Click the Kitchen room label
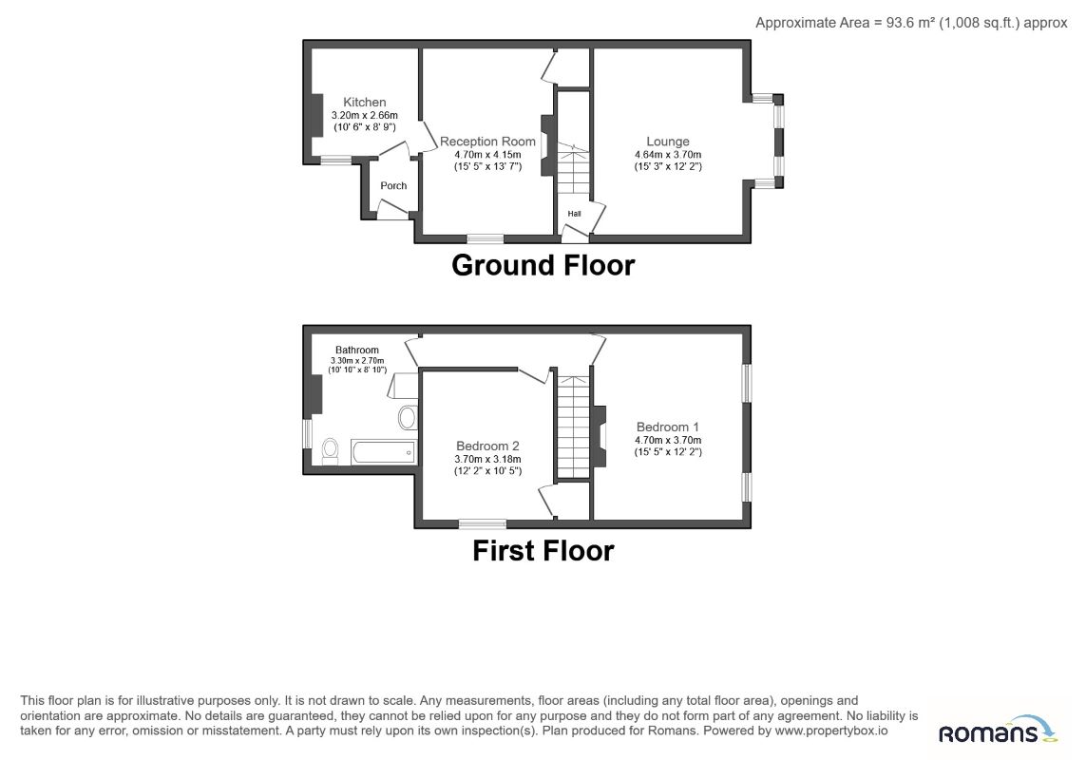pyautogui.click(x=364, y=102)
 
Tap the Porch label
pyautogui.click(x=393, y=185)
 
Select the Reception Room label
pyautogui.click(x=487, y=142)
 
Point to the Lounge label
pyautogui.click(x=668, y=142)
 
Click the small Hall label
pyautogui.click(x=574, y=214)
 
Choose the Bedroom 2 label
pyautogui.click(x=487, y=446)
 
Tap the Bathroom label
pyautogui.click(x=357, y=350)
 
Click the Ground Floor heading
pyautogui.click(x=543, y=265)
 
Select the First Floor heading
pyautogui.click(x=543, y=551)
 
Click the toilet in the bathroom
pyautogui.click(x=331, y=450)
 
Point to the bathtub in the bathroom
pyautogui.click(x=383, y=451)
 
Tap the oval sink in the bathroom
pyautogui.click(x=408, y=418)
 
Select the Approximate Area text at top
pyautogui.click(x=911, y=23)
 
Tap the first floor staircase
pyautogui.click(x=573, y=427)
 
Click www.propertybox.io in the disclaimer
pyautogui.click(x=831, y=731)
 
